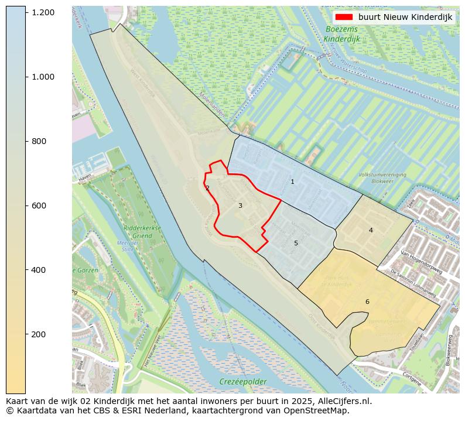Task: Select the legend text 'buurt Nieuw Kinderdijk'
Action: coord(405,17)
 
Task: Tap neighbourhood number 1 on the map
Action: coord(292,182)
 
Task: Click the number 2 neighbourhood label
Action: coord(207,188)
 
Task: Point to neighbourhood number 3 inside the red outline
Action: coord(240,206)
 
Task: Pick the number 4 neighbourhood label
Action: coord(371,230)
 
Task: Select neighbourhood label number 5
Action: coord(296,243)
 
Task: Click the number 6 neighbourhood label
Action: coord(367,302)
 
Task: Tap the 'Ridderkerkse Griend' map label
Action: coord(138,232)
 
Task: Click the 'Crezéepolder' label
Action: coord(242,382)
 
